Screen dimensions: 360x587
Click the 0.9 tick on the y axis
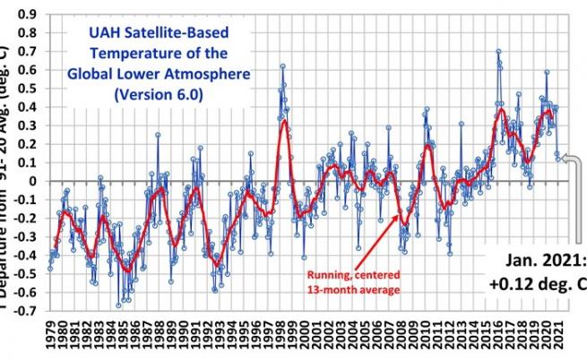tap(30, 15)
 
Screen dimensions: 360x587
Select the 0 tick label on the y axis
tap(34, 181)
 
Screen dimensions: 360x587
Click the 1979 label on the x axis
tap(49, 338)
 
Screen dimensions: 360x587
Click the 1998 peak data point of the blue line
tap(282, 66)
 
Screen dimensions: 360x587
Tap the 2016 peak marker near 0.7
tap(498, 52)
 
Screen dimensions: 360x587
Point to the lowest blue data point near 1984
tap(117, 305)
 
